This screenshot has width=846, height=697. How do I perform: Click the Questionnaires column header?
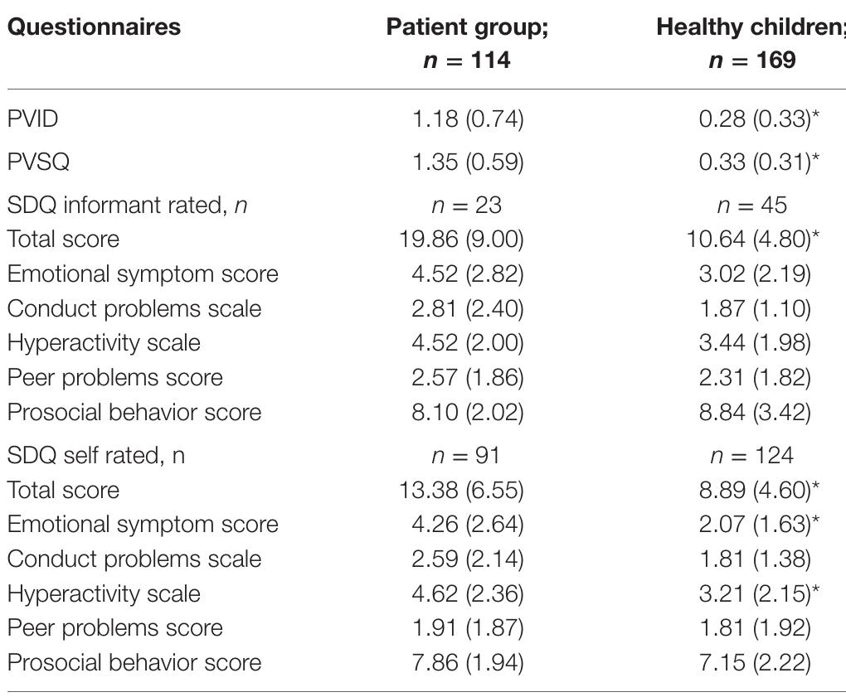94,27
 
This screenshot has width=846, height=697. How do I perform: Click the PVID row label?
33,119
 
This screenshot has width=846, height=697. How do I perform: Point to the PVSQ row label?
38,162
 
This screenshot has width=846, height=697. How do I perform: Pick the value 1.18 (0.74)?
468,119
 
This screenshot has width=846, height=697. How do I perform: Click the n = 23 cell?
468,205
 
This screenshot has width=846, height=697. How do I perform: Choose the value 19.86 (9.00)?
461,240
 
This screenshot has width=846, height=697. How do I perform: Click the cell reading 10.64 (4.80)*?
753,240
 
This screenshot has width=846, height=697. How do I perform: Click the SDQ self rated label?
96,455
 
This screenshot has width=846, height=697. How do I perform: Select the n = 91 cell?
468,455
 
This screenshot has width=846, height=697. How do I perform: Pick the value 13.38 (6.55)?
461,490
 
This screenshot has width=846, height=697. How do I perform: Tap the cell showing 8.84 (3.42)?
754,413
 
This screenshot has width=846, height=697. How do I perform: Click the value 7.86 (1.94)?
468,663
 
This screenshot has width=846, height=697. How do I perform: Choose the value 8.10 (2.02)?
468,413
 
